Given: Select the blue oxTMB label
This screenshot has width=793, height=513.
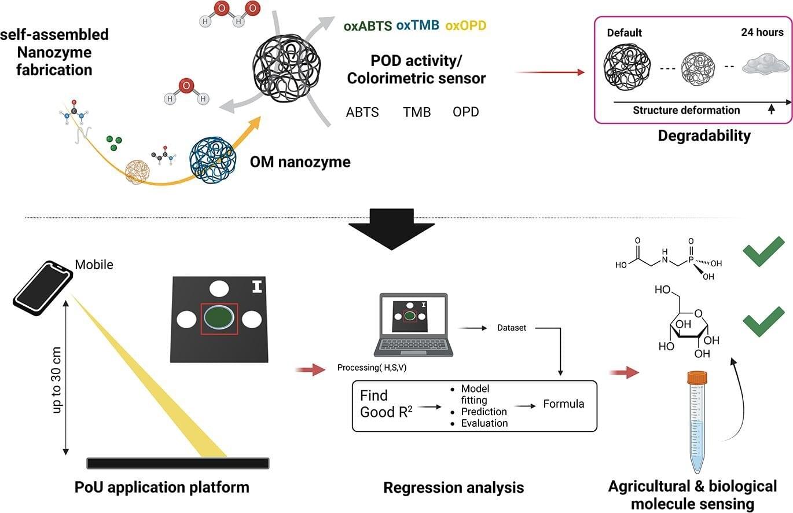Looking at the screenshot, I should [418, 25].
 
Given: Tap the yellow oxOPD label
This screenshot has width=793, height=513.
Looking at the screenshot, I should [466, 25].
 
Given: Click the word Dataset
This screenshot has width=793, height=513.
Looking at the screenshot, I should [512, 328].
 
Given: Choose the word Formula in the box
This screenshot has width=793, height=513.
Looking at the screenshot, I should [564, 404].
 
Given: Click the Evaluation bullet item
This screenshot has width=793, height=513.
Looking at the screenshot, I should [484, 423].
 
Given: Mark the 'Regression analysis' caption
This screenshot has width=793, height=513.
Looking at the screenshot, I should [453, 488].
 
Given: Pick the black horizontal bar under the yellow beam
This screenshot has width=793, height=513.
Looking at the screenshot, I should [178, 463].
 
